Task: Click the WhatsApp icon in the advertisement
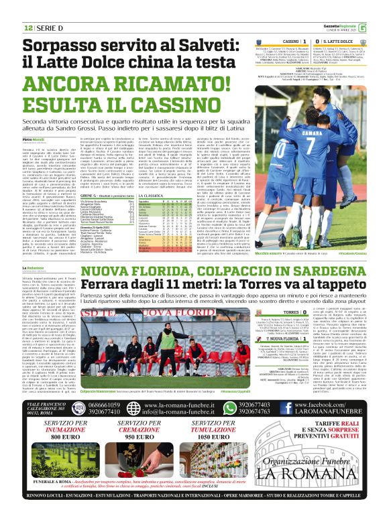coord(231,406)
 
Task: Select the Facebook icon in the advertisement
coord(294,406)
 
